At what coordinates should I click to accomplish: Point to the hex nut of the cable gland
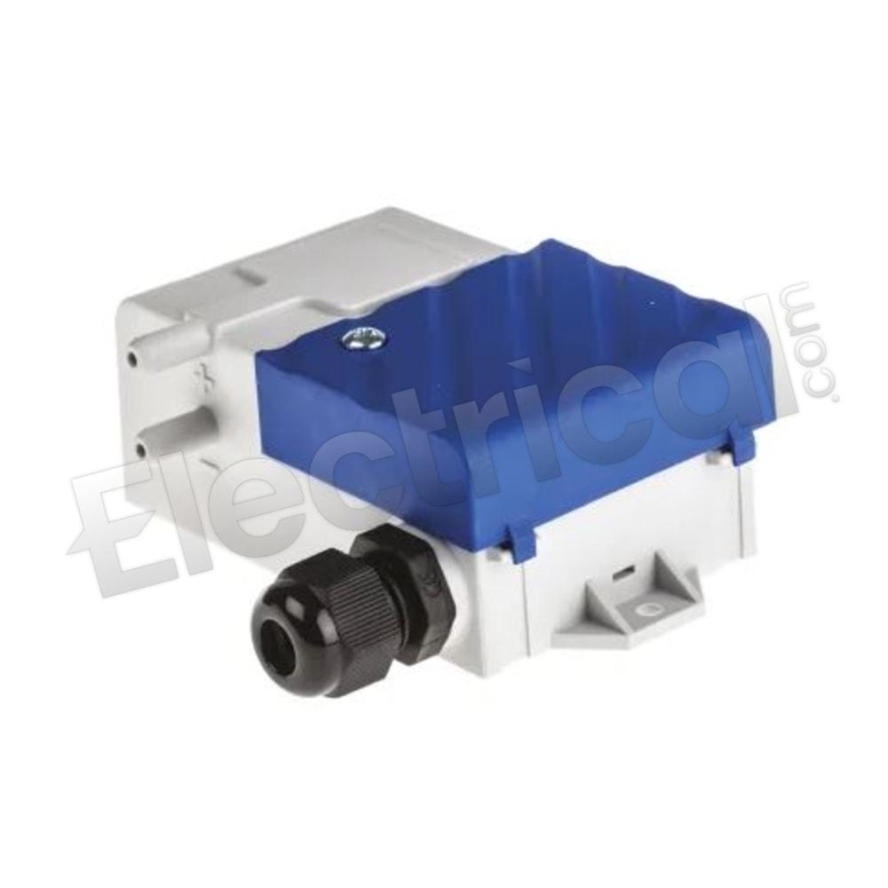click(x=400, y=572)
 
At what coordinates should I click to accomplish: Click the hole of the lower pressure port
click(x=139, y=451)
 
